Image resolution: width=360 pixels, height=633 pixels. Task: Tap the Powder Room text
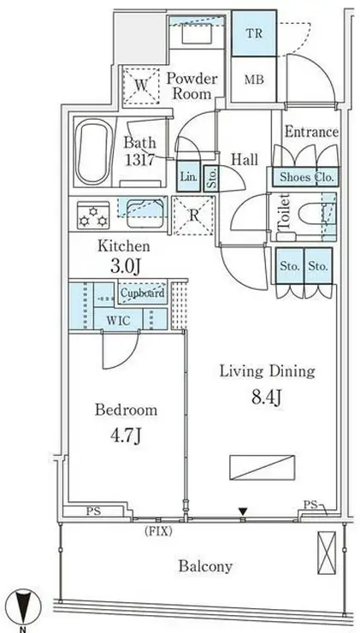pyautogui.click(x=191, y=86)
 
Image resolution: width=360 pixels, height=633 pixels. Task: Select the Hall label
pyautogui.click(x=245, y=159)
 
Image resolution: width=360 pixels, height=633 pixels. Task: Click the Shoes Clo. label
pyautogui.click(x=305, y=178)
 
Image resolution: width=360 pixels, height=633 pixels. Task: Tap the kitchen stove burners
pyautogui.click(x=90, y=215)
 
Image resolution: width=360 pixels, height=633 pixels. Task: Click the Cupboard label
pyautogui.click(x=142, y=293)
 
